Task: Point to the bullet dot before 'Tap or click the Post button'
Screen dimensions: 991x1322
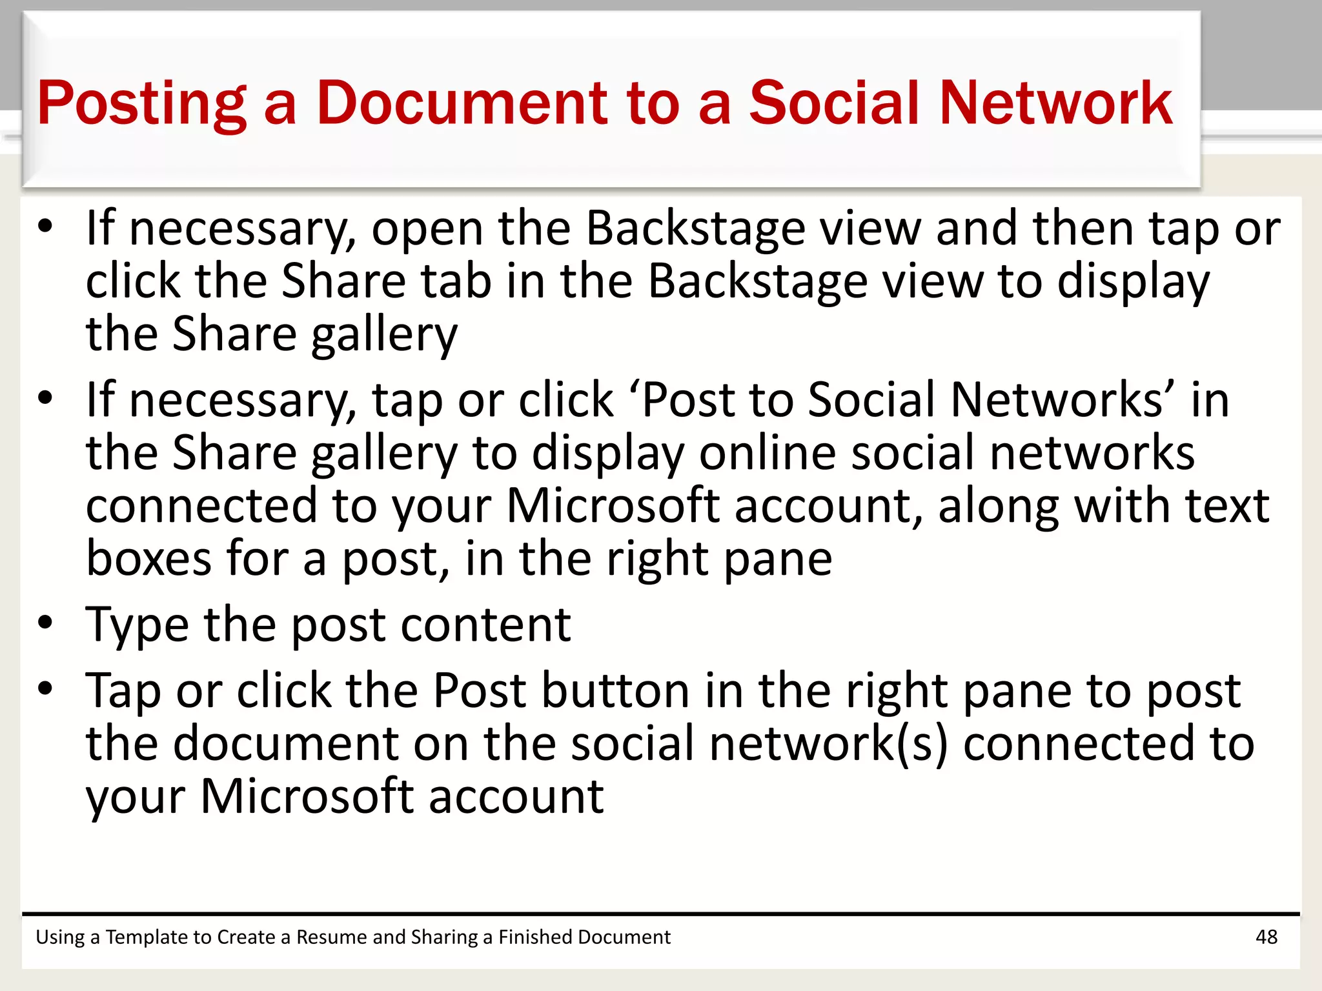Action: point(45,688)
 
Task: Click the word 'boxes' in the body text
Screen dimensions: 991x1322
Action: point(148,558)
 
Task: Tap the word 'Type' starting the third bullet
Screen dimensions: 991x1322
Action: point(137,625)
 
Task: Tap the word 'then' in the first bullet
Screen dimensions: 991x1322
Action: point(1084,229)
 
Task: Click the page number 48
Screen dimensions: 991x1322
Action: point(1266,937)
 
